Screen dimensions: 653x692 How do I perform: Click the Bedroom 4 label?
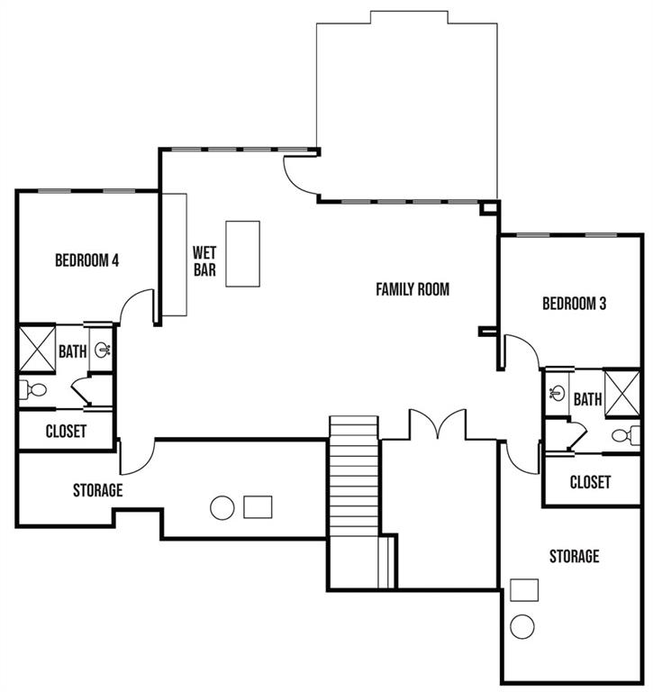[x=87, y=260]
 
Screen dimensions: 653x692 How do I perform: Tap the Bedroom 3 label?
[x=574, y=304]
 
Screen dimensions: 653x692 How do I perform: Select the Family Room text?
[x=413, y=289]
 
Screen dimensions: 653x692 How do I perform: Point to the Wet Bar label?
[x=204, y=261]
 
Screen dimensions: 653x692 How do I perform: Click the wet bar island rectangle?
[x=242, y=254]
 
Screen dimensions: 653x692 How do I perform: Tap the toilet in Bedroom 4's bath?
[x=33, y=389]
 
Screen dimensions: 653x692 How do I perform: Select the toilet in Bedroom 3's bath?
[x=626, y=435]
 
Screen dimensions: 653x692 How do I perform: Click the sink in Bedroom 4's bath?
[x=103, y=350]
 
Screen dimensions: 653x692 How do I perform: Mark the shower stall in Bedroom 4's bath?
[x=38, y=349]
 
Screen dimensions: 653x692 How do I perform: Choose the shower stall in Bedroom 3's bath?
[x=621, y=393]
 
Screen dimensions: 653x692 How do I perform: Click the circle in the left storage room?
[x=222, y=507]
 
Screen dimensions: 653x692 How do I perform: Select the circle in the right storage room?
[x=522, y=626]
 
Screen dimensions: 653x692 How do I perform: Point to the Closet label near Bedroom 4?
[x=66, y=431]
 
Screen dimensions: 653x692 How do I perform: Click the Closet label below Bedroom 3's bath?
[x=590, y=482]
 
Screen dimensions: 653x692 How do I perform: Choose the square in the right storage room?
[x=524, y=590]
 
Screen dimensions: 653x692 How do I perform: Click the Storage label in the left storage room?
[x=98, y=490]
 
